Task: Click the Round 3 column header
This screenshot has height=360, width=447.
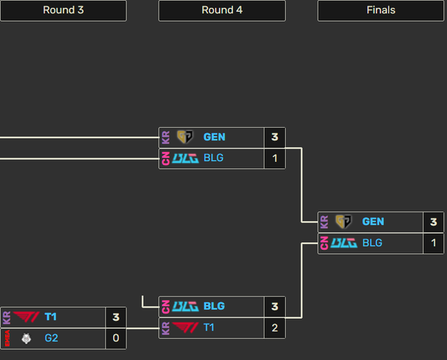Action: [x=63, y=10]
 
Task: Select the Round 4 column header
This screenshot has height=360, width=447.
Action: [x=221, y=10]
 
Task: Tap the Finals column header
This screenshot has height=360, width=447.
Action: [x=381, y=10]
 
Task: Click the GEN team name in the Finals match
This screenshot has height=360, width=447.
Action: [x=373, y=222]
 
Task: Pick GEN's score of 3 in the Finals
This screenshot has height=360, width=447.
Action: [x=433, y=222]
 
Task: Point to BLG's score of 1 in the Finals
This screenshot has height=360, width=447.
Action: [x=433, y=243]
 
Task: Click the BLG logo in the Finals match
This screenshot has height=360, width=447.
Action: [x=344, y=243]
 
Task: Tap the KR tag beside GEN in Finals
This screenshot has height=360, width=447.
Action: [x=324, y=222]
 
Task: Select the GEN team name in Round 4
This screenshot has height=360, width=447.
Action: [x=214, y=137]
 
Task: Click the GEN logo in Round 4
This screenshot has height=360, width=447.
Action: [x=185, y=137]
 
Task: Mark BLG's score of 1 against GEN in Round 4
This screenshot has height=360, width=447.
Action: [x=274, y=158]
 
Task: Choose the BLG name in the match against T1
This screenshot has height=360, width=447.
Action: [x=214, y=306]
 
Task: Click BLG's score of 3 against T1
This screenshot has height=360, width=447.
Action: [x=274, y=306]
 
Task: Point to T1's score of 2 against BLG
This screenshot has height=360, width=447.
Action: [x=274, y=327]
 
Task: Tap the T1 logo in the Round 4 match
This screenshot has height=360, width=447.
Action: [x=185, y=327]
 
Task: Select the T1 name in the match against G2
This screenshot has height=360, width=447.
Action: [x=50, y=317]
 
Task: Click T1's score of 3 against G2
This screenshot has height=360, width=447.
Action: [x=116, y=317]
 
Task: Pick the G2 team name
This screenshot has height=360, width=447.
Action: [x=51, y=338]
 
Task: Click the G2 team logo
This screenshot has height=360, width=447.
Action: [x=27, y=338]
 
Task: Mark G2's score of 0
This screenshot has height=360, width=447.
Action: [x=116, y=338]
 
